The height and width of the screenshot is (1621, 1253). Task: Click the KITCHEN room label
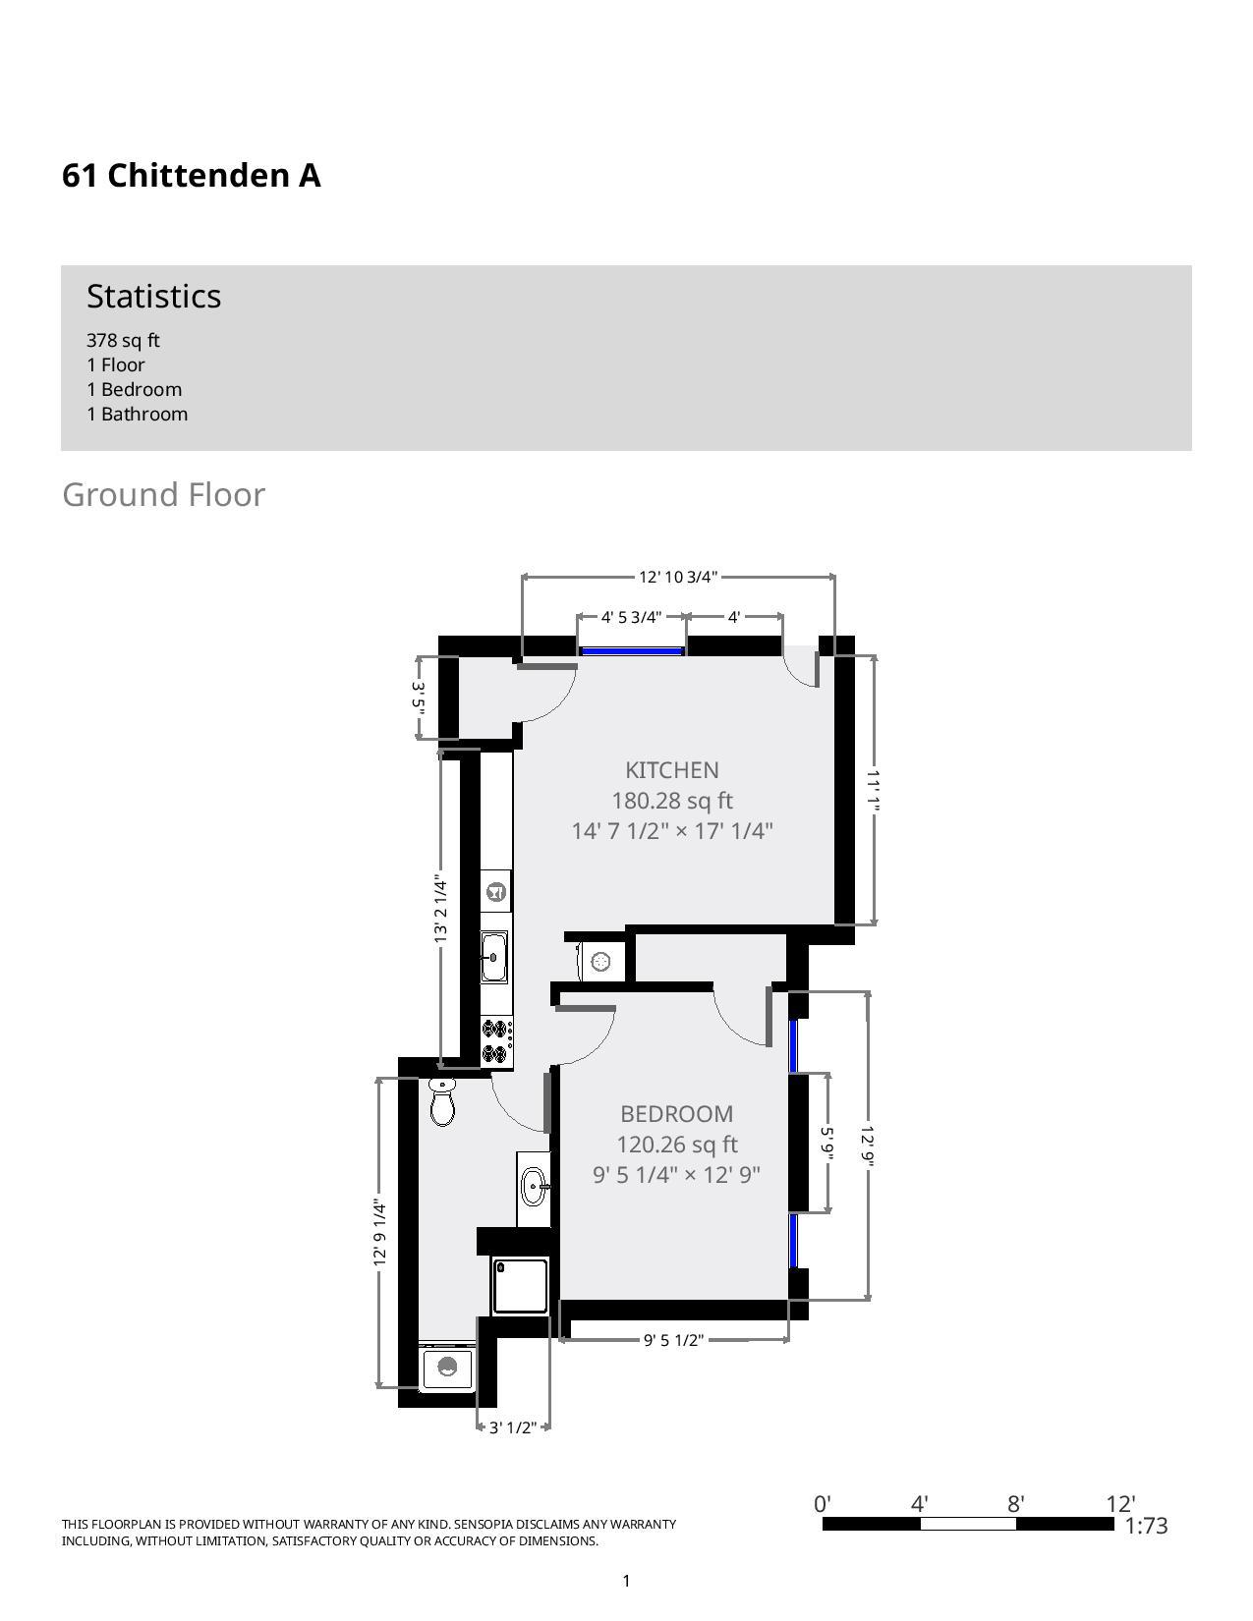coord(672,770)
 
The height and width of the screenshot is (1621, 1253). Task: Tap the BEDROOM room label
coord(676,1114)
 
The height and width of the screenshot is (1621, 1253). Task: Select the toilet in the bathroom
coord(442,1101)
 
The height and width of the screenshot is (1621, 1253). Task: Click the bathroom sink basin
coord(535,1187)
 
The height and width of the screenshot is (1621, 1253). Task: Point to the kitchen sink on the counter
coord(494,956)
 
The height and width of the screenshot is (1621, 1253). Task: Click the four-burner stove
coord(496,1042)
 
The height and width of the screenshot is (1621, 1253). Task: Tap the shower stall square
coord(520,1286)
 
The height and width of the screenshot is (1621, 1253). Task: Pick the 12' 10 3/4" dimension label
coord(678,577)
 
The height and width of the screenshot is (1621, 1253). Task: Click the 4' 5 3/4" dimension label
coord(631,617)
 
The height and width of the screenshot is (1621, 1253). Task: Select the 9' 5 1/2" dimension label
coord(673,1340)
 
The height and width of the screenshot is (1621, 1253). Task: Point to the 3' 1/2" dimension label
coord(512,1427)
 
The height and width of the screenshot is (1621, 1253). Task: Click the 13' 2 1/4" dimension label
coord(441,910)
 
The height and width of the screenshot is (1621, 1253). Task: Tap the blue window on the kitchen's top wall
coord(632,650)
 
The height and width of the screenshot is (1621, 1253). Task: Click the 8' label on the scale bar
coord(1015,1504)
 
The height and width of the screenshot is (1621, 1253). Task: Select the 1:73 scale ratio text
coord(1146,1526)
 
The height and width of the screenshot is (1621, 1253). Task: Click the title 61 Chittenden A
coord(192,176)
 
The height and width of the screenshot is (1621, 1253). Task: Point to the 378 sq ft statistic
coord(123,340)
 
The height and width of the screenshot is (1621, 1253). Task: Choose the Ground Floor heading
coord(163,494)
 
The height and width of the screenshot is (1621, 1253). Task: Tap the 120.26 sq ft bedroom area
coord(676,1145)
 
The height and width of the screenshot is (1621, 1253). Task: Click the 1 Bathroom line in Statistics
coord(137,414)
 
